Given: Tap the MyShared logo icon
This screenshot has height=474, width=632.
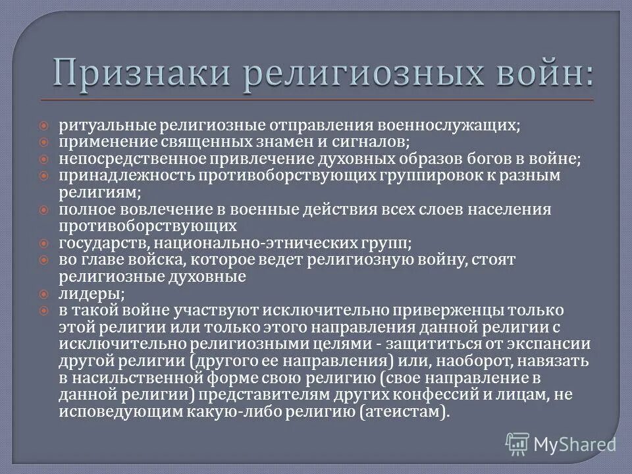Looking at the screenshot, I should [x=517, y=443].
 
